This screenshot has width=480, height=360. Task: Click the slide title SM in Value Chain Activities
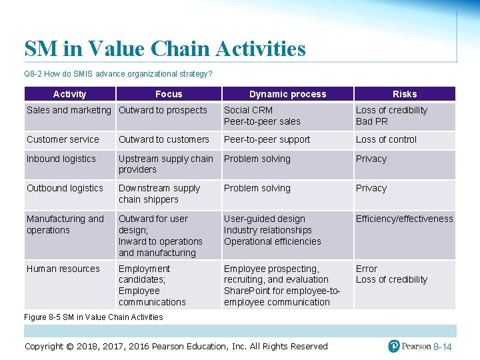[x=165, y=49]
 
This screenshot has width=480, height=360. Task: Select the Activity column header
[x=69, y=94]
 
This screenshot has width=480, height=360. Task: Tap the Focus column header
[x=169, y=94]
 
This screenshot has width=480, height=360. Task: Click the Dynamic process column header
[x=287, y=94]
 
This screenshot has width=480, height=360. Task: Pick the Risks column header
[x=404, y=94]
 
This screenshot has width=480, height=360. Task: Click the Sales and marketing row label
[x=69, y=110]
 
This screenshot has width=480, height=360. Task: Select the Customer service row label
[x=63, y=139]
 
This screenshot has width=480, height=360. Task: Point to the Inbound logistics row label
[x=61, y=159]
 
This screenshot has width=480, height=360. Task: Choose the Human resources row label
[x=63, y=269]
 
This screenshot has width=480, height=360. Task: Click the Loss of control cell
[x=386, y=139]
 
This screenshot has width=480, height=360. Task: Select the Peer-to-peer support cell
[x=267, y=139]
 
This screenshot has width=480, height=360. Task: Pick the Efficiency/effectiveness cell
[x=404, y=219]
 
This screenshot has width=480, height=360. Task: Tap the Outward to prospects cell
[x=163, y=110]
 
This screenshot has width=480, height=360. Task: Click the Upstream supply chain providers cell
[x=165, y=164]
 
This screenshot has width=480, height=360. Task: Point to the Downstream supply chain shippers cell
[x=159, y=193]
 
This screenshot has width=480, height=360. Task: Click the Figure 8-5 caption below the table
[x=93, y=317]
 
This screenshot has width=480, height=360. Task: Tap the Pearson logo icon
[x=394, y=346]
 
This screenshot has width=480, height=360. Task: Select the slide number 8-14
[x=443, y=347]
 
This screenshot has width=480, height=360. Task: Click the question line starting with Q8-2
[x=118, y=73]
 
